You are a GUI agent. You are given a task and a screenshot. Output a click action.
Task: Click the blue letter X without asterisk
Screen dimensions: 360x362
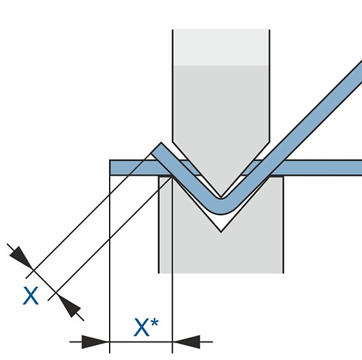[x=31, y=296]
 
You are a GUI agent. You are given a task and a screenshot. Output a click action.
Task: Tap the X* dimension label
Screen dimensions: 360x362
[x=146, y=328]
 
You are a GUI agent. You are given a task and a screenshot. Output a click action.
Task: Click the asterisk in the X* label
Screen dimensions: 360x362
[x=155, y=323]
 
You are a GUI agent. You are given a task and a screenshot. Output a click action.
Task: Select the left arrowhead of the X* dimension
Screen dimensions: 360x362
[x=96, y=342]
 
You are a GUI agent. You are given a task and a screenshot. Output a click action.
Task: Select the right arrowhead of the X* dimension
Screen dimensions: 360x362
[x=186, y=342]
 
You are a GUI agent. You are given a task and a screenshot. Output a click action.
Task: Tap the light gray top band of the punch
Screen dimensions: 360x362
[x=221, y=47]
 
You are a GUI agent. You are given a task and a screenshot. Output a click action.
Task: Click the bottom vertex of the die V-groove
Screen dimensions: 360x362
[x=221, y=232]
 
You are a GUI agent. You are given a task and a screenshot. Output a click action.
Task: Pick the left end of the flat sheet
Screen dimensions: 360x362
[x=111, y=167]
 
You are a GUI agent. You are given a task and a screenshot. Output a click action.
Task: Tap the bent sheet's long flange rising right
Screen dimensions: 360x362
[x=312, y=114]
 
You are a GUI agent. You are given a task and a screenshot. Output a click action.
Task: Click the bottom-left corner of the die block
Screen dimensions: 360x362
[x=159, y=273]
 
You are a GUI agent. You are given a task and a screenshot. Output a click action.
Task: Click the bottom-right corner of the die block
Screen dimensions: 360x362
[x=283, y=273]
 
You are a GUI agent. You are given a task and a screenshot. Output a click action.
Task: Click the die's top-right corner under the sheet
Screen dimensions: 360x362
[x=283, y=176]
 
